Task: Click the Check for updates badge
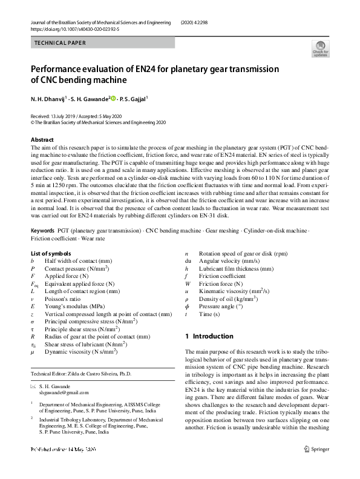(320, 48)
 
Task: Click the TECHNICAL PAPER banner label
(61, 43)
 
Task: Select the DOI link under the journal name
(74, 28)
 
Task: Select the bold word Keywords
(43, 231)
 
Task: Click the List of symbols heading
(51, 253)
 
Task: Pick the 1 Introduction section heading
(209, 336)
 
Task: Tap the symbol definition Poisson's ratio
(65, 299)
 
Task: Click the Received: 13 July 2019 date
(59, 116)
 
